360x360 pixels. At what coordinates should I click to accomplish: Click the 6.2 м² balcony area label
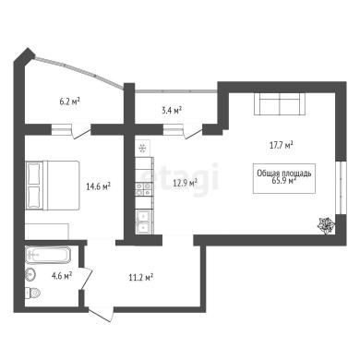[x=70, y=101]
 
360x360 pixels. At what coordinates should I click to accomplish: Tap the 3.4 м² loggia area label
[x=172, y=110]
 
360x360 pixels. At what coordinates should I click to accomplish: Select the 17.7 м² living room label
[x=281, y=145]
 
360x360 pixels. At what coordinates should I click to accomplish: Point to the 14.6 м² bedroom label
[x=99, y=186]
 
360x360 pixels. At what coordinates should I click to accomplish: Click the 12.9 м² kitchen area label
[x=185, y=184]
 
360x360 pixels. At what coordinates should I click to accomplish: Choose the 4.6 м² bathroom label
[x=62, y=275]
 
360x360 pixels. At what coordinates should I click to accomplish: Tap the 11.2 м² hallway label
[x=141, y=278]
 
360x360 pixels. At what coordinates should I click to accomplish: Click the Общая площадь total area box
[x=284, y=178]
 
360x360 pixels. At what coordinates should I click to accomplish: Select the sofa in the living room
[x=280, y=103]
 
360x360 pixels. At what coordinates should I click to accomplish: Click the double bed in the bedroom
[x=53, y=186]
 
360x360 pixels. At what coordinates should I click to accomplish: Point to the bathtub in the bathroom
[x=48, y=255]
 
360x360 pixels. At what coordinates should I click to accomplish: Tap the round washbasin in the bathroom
[x=30, y=274]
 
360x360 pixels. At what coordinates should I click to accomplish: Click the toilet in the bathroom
[x=32, y=293]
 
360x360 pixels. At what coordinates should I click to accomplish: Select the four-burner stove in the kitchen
[x=143, y=189]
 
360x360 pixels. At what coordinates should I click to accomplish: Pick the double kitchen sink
[x=143, y=222]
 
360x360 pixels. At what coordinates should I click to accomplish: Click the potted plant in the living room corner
[x=326, y=224]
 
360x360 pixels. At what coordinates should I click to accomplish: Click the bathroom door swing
[x=86, y=279]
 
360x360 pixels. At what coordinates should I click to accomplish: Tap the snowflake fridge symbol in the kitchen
[x=142, y=149]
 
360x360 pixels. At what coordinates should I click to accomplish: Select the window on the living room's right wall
[x=341, y=187]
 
